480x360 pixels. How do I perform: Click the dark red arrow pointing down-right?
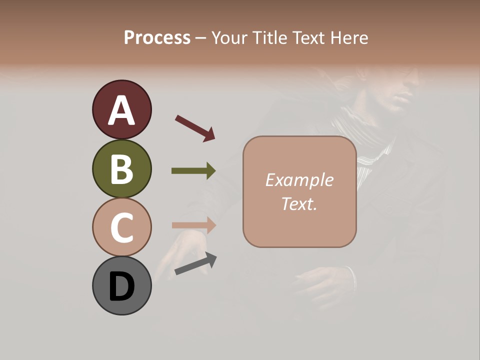pos(195,127)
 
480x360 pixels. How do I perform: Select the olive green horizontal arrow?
pos(193,171)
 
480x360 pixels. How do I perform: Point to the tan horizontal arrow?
pos(193,225)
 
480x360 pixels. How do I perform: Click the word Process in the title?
pos(157,38)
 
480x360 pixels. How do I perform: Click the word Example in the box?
pos(299,180)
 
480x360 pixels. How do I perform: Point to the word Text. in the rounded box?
pos(299,203)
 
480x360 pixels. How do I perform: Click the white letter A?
pos(122,111)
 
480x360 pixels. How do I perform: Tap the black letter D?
pos(122,287)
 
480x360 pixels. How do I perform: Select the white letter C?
pos(122,228)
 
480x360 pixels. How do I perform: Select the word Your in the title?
pos(229,38)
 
